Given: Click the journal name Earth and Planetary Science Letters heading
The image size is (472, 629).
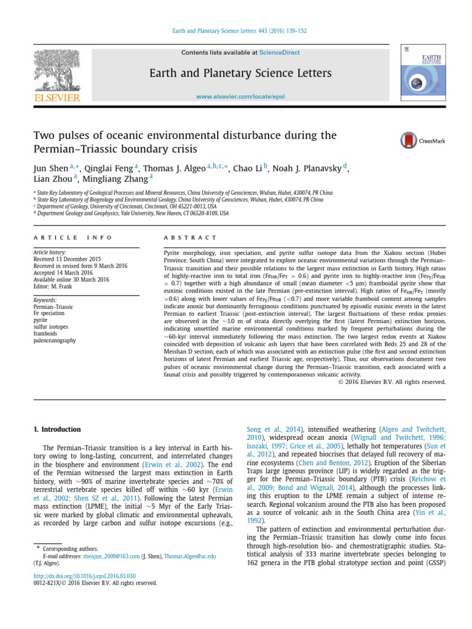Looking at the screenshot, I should [x=241, y=74].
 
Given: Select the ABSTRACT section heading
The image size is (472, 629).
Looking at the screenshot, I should [x=190, y=238].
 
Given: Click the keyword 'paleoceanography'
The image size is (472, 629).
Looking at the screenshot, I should [x=55, y=340].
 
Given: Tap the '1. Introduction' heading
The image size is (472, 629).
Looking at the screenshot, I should [x=57, y=429].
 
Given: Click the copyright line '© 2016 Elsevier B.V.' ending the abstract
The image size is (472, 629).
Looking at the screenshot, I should [x=392, y=381].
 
